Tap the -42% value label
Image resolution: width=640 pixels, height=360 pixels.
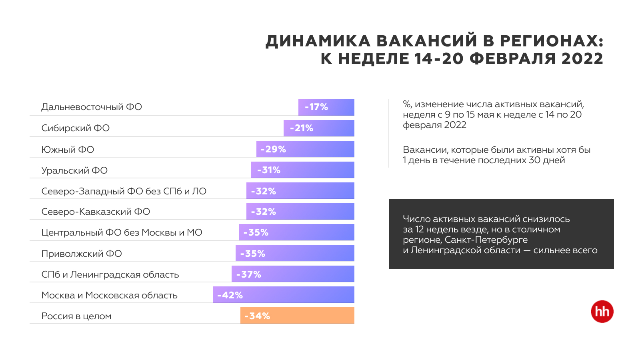pos(230,295)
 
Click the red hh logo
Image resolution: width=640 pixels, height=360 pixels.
pos(602,312)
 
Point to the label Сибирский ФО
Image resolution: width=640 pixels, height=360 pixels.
pos(76,128)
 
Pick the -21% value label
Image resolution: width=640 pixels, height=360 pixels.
pos(302,128)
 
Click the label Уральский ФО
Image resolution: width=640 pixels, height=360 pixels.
pos(74,170)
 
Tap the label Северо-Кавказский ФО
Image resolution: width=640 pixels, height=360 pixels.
pos(96,212)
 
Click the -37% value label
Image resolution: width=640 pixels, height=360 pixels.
pos(248,274)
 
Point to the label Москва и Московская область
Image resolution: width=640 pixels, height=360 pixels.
pos(109,295)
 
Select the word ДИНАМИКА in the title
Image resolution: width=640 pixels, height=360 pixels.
pos(318,42)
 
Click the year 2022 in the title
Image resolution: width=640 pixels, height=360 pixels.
pos(582,59)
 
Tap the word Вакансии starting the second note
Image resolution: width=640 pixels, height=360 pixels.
pos(425,150)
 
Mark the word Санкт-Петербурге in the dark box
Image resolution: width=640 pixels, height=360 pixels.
pos(486,240)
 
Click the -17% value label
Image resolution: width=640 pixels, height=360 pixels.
pos(316,107)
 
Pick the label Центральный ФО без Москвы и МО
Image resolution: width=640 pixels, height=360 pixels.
pos(122,232)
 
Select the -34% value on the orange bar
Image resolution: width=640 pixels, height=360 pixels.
pos(257,316)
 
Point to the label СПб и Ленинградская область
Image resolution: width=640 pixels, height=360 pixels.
pos(110,274)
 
